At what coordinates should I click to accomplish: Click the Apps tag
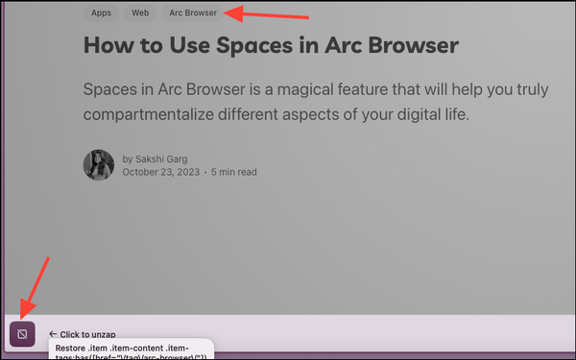[101, 13]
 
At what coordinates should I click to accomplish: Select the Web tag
[140, 13]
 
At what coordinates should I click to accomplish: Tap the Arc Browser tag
[193, 13]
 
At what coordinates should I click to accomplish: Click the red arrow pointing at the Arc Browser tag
[273, 14]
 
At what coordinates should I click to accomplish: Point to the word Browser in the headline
[406, 45]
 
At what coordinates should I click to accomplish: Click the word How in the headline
[111, 45]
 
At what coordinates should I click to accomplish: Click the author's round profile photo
[99, 165]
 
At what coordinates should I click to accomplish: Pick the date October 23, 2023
[160, 173]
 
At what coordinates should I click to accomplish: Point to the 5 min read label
[233, 173]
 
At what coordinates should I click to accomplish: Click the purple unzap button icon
[22, 333]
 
